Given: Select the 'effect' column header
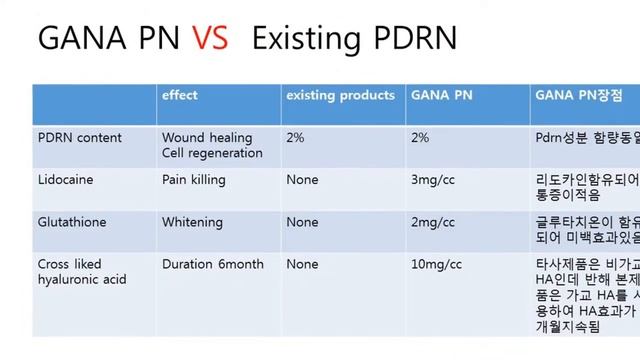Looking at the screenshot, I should tap(180, 96).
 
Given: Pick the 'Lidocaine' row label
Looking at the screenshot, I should tap(62, 180).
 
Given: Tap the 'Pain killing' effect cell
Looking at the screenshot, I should tap(193, 180).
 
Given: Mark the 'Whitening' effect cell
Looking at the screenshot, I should tap(193, 222).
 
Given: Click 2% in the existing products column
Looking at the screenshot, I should tap(295, 137).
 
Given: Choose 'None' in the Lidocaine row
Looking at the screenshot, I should tap(302, 180).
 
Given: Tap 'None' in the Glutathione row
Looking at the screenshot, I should tap(302, 222).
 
